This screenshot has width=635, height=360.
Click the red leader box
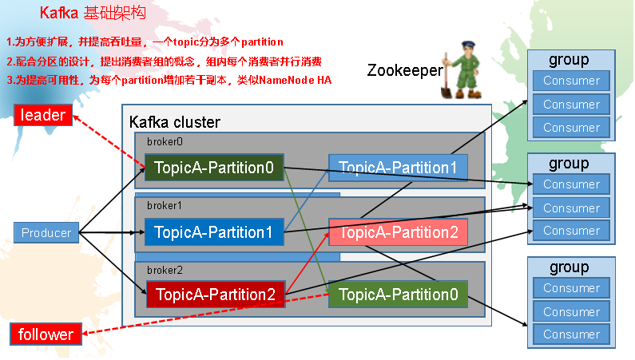(x=43, y=116)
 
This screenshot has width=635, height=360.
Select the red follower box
(x=46, y=334)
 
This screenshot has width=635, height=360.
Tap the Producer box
(x=46, y=233)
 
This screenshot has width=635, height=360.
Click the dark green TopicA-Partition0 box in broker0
(x=214, y=168)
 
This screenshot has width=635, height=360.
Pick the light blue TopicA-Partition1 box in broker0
(x=398, y=168)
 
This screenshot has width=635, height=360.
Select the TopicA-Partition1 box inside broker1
(x=214, y=232)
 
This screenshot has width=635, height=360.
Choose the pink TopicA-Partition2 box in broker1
(x=398, y=232)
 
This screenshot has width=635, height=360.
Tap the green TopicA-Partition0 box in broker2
(x=398, y=295)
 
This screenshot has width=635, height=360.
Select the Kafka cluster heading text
(x=174, y=122)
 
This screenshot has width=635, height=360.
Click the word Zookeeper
(x=404, y=70)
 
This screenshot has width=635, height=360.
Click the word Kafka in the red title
(x=58, y=14)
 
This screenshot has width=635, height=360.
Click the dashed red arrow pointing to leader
(x=108, y=142)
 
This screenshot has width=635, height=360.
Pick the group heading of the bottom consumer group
(x=569, y=267)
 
